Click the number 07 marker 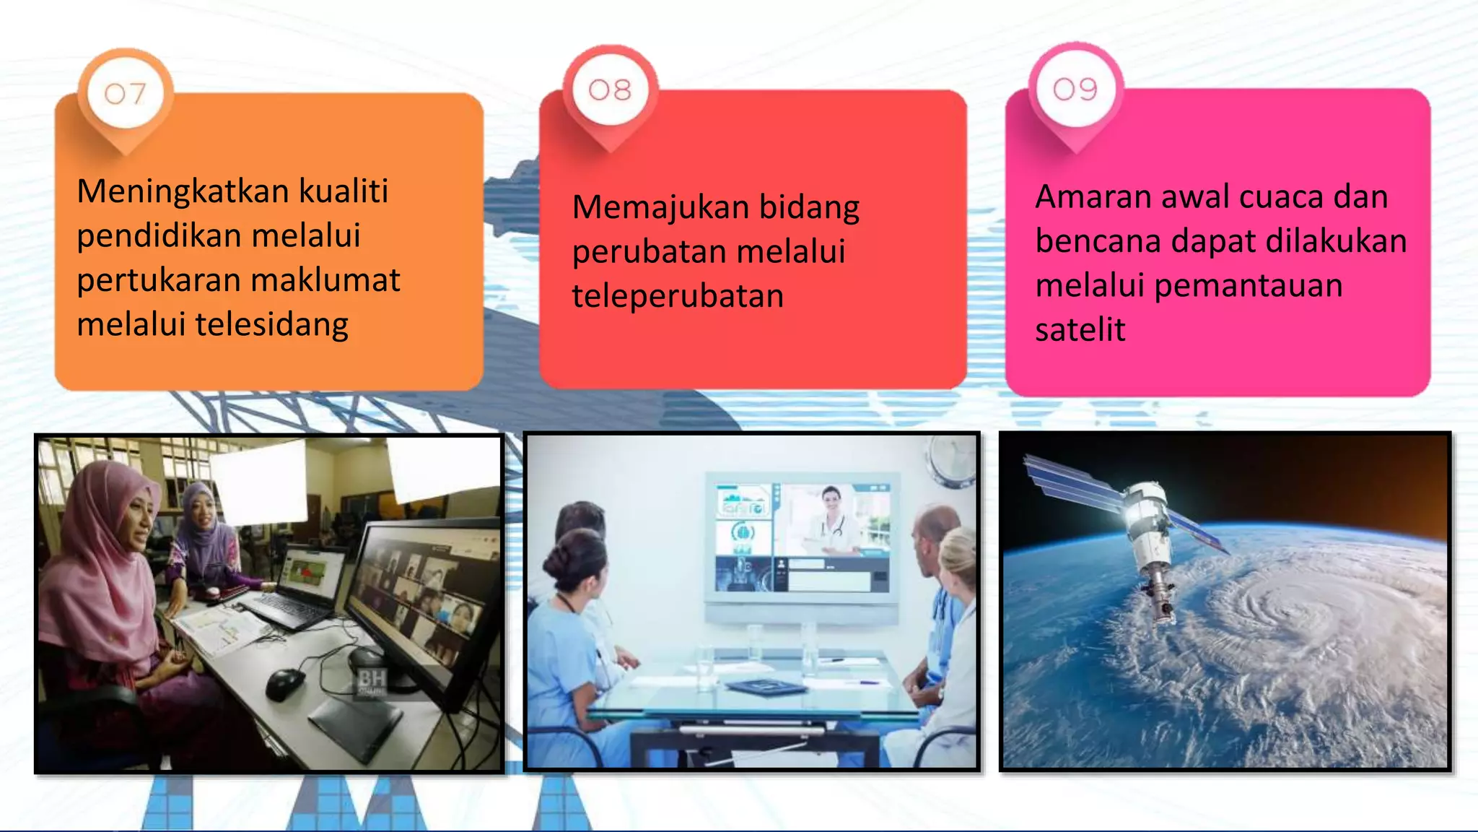click(125, 93)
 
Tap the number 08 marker click(610, 90)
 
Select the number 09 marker click(1075, 90)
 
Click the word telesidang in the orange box click(272, 324)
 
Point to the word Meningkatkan click(183, 191)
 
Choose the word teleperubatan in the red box click(678, 296)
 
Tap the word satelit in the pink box click(1080, 330)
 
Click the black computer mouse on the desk click(286, 682)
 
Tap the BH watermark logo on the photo click(372, 681)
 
